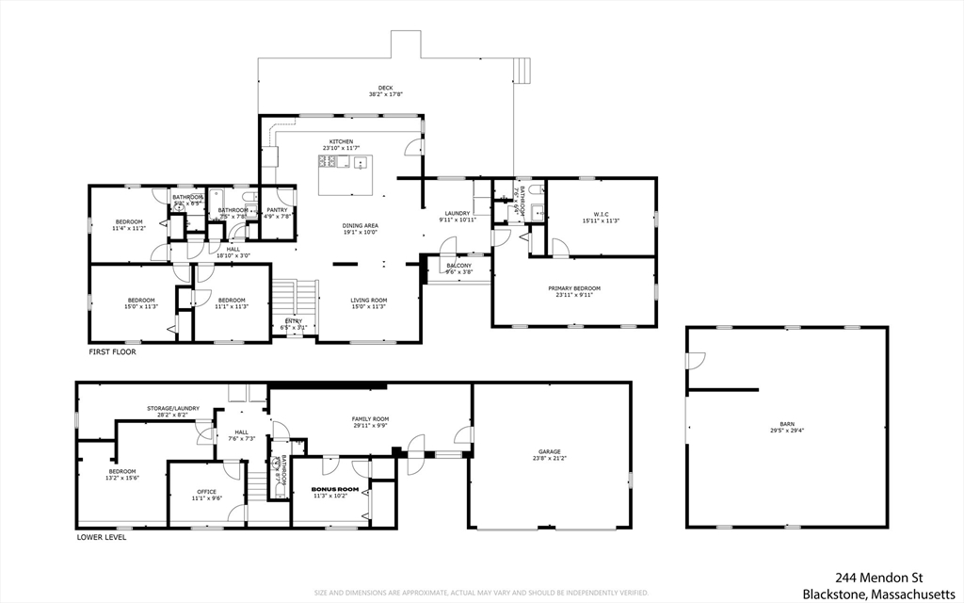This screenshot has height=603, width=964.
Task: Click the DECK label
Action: pyautogui.click(x=386, y=88)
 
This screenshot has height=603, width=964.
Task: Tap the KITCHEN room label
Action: pyautogui.click(x=341, y=141)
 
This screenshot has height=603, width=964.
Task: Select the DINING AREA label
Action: pyautogui.click(x=360, y=225)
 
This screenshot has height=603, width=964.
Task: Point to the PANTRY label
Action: pyautogui.click(x=277, y=210)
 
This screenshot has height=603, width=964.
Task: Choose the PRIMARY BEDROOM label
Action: pyautogui.click(x=574, y=288)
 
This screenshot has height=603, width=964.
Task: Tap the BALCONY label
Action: pyautogui.click(x=458, y=266)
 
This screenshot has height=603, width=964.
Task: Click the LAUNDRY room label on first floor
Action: pyautogui.click(x=458, y=214)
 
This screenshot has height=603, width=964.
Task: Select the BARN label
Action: pyautogui.click(x=787, y=425)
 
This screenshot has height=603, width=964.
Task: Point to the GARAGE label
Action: pyautogui.click(x=551, y=452)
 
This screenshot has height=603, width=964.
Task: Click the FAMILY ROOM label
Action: pyautogui.click(x=370, y=418)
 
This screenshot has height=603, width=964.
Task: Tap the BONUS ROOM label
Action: pyautogui.click(x=335, y=489)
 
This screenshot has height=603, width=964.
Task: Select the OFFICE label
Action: pyautogui.click(x=206, y=491)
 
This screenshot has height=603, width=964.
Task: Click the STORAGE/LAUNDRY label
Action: pyautogui.click(x=172, y=408)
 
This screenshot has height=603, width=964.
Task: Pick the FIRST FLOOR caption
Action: pyautogui.click(x=111, y=351)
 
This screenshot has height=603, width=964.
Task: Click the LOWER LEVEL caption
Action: pyautogui.click(x=101, y=538)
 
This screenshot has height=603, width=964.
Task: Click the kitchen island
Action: pyautogui.click(x=346, y=175)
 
